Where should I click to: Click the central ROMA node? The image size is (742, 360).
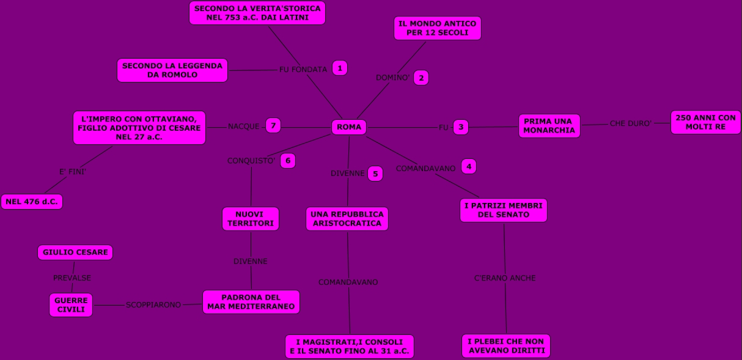point(349,127)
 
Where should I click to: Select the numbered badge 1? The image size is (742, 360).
point(340,68)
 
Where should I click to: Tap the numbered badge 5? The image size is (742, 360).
point(375,174)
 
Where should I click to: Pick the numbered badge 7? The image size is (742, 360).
point(273,125)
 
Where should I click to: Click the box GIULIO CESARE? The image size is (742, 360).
point(75,252)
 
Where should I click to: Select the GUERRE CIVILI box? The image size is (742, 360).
point(71,305)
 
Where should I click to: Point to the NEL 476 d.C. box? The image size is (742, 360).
point(32,202)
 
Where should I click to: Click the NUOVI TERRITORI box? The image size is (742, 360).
point(251,219)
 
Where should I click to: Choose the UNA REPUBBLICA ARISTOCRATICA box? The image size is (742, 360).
point(347,219)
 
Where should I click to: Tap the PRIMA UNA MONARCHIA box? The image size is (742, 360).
point(549,126)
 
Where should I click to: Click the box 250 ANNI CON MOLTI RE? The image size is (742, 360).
point(705,122)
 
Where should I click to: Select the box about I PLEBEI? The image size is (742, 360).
point(506,346)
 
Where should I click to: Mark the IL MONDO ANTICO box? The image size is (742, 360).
point(438,28)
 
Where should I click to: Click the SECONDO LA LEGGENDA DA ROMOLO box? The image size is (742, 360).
point(172,70)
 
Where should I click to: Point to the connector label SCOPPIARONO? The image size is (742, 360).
point(153,304)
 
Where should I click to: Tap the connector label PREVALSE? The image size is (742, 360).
point(72,277)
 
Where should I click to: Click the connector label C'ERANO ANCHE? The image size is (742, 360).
point(505,278)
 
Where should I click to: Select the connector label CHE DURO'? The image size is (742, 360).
point(631,123)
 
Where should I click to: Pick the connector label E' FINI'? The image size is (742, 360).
point(73,172)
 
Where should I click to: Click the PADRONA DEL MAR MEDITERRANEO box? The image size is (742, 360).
point(251,302)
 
